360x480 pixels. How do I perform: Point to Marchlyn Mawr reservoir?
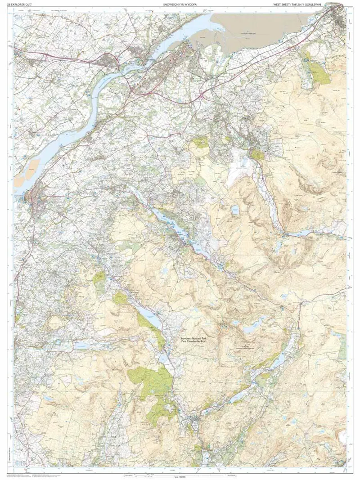pos(234,210)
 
